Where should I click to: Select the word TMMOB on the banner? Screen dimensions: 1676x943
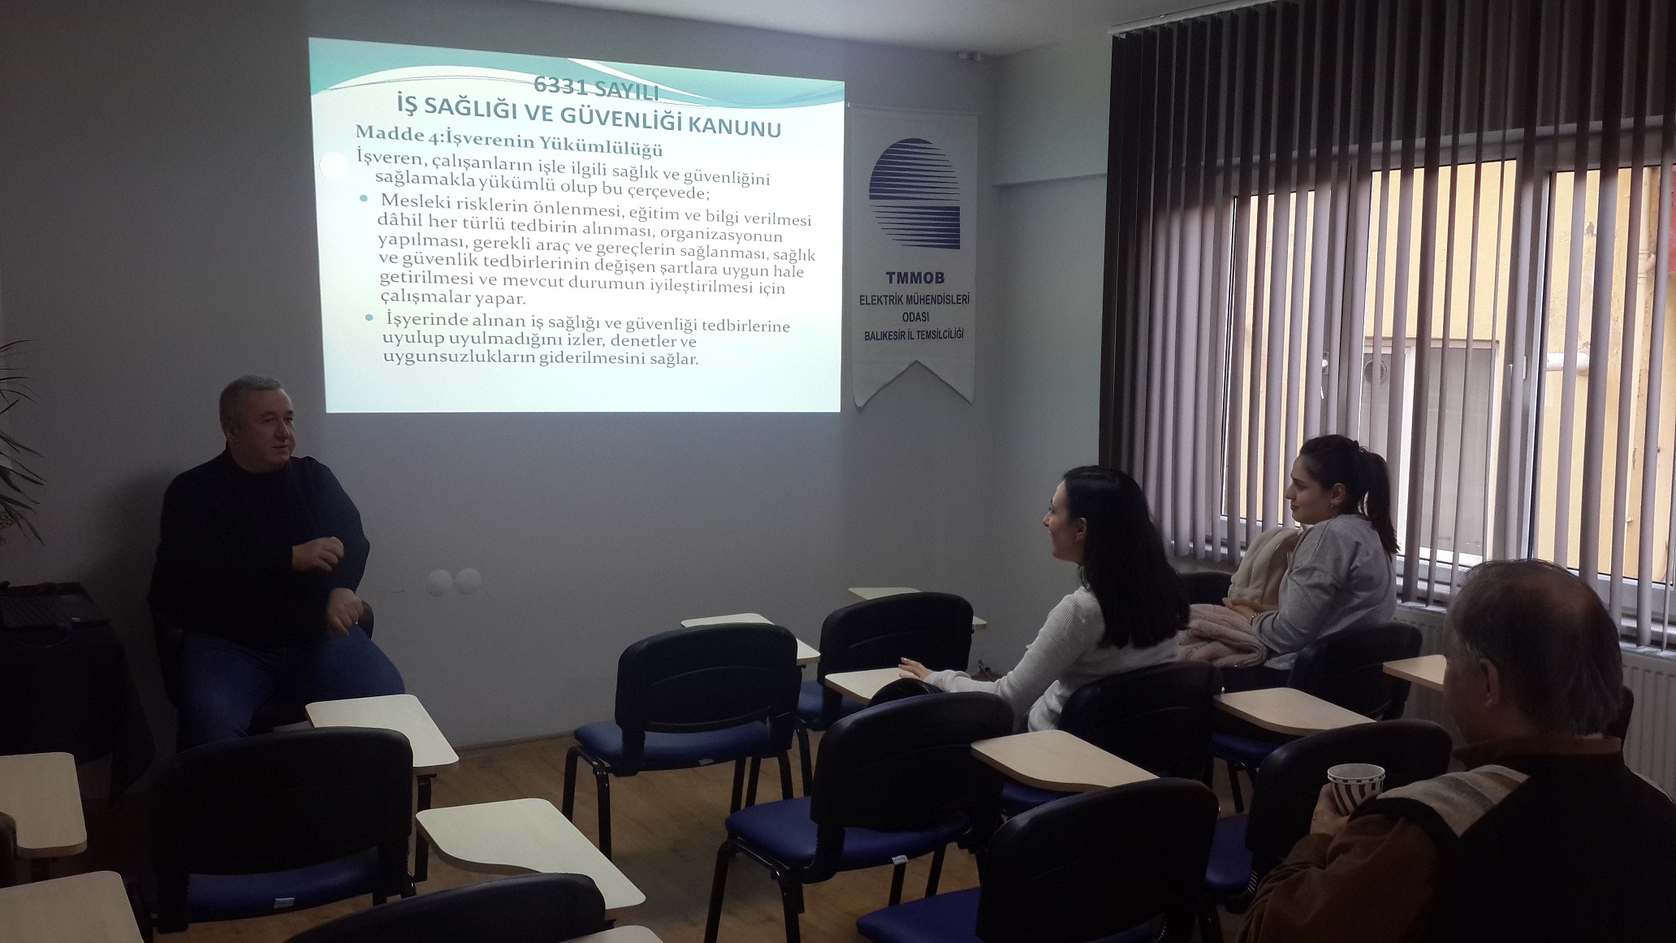[x=914, y=279]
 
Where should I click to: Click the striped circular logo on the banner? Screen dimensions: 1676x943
[x=914, y=193]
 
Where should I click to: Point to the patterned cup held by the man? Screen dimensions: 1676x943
[x=1355, y=788]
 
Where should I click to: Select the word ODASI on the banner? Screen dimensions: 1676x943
[x=915, y=317]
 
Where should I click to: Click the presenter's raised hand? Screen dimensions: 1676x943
[x=317, y=554]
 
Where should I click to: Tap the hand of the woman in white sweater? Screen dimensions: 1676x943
[x=913, y=670]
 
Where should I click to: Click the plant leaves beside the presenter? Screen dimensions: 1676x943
[x=18, y=439]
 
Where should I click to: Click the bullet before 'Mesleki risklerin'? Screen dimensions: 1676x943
[x=363, y=197]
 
